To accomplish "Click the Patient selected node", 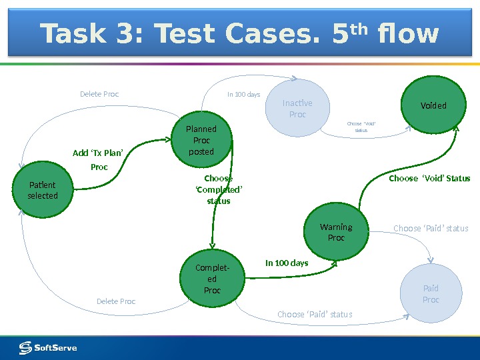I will tap(43, 191).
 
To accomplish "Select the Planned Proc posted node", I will tap(201, 140).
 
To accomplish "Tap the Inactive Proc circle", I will tap(297, 109).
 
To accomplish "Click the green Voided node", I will tap(433, 105).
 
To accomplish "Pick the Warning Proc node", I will tap(336, 233).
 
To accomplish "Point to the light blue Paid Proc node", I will tap(431, 294).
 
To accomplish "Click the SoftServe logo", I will tap(48, 347).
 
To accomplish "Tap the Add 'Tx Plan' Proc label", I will tap(99, 160).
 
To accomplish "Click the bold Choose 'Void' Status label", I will tap(429, 179).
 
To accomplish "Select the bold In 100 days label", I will tap(287, 263).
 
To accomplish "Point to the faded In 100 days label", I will tap(243, 95).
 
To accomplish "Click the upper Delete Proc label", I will tap(99, 94).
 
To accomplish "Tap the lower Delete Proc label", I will tap(116, 301).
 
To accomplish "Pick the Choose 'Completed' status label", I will tap(219, 189).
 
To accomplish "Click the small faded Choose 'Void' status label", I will tap(361, 127).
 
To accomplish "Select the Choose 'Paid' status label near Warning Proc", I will tap(431, 229).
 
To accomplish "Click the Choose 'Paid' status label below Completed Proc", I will tap(315, 314).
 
